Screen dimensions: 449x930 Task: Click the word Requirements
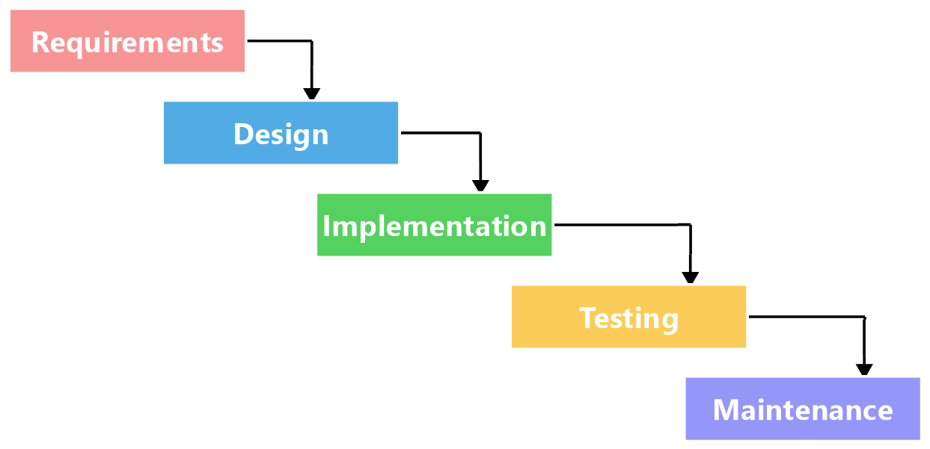click(x=127, y=42)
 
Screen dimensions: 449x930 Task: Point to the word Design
click(x=281, y=134)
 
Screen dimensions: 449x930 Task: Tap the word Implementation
click(x=435, y=226)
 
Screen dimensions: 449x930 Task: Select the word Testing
click(x=629, y=318)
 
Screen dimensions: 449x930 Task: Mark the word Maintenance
click(x=803, y=410)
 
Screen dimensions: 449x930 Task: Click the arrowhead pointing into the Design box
click(x=311, y=95)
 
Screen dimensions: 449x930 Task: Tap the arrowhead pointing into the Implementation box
click(x=480, y=186)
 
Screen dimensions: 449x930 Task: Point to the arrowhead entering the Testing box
click(x=690, y=278)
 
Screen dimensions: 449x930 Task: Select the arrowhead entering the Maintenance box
click(x=864, y=370)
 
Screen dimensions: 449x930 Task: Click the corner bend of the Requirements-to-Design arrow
click(x=311, y=41)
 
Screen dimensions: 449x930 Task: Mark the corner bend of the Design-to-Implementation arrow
click(x=480, y=133)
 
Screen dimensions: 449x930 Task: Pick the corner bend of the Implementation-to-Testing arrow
click(x=690, y=224)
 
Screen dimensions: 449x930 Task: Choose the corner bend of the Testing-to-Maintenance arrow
click(x=864, y=317)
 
